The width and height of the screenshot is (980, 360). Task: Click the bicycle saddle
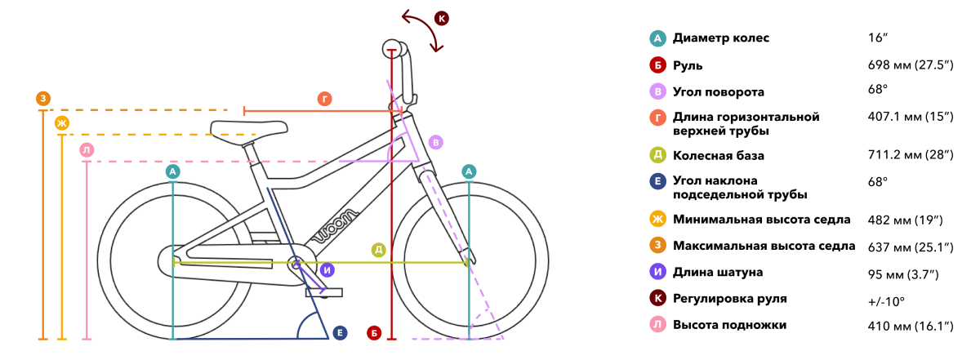[248, 130]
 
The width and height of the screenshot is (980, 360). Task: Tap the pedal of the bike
[323, 292]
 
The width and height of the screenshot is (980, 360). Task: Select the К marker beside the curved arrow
[442, 19]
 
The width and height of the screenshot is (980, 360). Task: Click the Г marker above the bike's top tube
[325, 99]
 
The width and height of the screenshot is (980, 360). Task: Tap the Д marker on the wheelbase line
[378, 250]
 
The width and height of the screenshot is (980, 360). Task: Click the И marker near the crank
[327, 270]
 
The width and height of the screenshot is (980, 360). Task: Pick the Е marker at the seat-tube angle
[340, 333]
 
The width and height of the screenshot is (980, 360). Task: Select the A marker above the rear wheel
[173, 171]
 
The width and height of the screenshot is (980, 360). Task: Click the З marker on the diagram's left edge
[43, 99]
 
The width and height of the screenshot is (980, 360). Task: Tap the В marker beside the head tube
[436, 142]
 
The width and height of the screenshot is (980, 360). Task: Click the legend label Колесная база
[719, 156]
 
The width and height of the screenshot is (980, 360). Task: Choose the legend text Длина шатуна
[718, 273]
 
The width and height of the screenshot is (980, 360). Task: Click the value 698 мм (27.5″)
[911, 65]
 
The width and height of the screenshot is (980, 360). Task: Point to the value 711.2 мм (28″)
[911, 155]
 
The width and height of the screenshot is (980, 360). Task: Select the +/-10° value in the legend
[886, 302]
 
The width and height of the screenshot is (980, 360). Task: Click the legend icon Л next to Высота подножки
[657, 325]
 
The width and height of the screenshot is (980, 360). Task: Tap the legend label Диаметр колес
[721, 38]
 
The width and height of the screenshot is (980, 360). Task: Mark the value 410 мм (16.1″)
[911, 327]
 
